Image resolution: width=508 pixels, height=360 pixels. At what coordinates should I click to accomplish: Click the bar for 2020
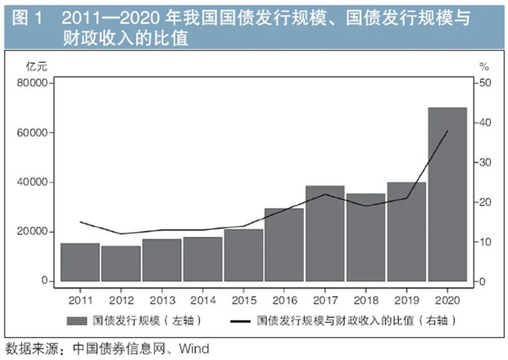click(x=447, y=195)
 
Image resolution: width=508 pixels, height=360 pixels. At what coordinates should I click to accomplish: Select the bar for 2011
click(x=80, y=262)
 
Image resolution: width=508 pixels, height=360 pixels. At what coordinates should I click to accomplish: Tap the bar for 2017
click(x=325, y=233)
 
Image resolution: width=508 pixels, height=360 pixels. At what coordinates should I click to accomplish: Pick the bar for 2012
click(x=121, y=263)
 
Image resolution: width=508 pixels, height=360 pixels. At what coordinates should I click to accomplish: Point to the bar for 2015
click(x=243, y=255)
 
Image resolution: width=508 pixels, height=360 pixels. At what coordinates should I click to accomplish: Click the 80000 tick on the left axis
click(x=37, y=83)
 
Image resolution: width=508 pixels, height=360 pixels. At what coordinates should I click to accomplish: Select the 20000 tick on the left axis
click(x=37, y=232)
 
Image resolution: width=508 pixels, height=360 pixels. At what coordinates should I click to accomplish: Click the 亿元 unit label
click(x=36, y=67)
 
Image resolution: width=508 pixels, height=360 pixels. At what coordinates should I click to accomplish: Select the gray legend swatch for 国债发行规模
click(x=76, y=321)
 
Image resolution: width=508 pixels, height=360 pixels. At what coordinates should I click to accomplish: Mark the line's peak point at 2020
click(x=448, y=131)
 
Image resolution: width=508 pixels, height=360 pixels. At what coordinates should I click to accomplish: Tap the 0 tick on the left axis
click(x=45, y=282)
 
